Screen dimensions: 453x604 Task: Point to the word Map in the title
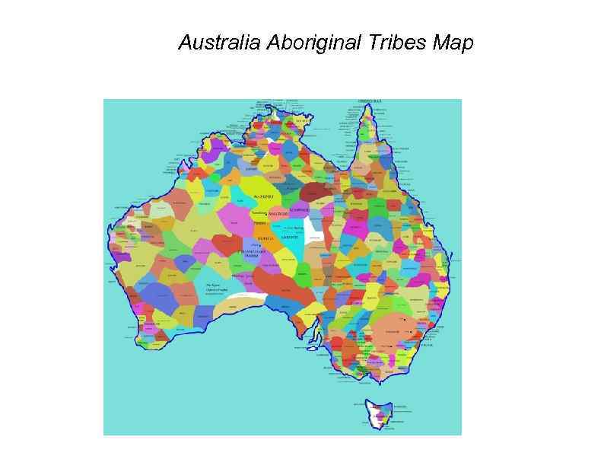(x=453, y=43)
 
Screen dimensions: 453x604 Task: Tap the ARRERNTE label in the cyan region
(x=290, y=238)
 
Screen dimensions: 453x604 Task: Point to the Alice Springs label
(x=293, y=227)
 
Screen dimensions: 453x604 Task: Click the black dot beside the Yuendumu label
(x=266, y=214)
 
